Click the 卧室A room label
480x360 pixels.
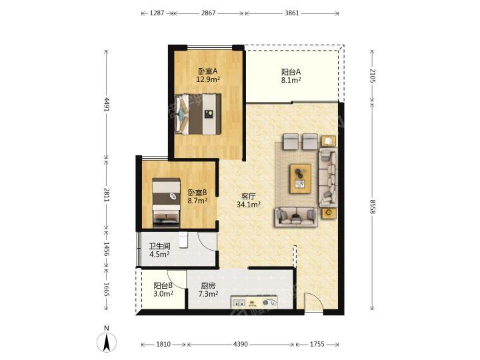208,75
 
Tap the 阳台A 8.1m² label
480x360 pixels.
291,76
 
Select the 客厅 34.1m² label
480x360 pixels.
248,201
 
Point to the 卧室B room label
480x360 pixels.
197,197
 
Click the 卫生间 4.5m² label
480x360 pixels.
159,250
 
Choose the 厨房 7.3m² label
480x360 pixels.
208,290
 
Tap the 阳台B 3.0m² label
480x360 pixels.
163,289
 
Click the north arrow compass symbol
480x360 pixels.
107,341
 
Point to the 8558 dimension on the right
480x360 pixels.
372,207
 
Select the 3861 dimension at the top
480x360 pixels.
292,13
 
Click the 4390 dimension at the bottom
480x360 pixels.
241,345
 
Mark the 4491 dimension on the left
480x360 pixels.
106,105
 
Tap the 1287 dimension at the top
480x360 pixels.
157,13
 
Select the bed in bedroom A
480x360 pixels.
198,114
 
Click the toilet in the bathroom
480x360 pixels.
183,239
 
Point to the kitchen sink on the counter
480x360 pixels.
239,303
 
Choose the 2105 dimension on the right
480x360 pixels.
372,75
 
